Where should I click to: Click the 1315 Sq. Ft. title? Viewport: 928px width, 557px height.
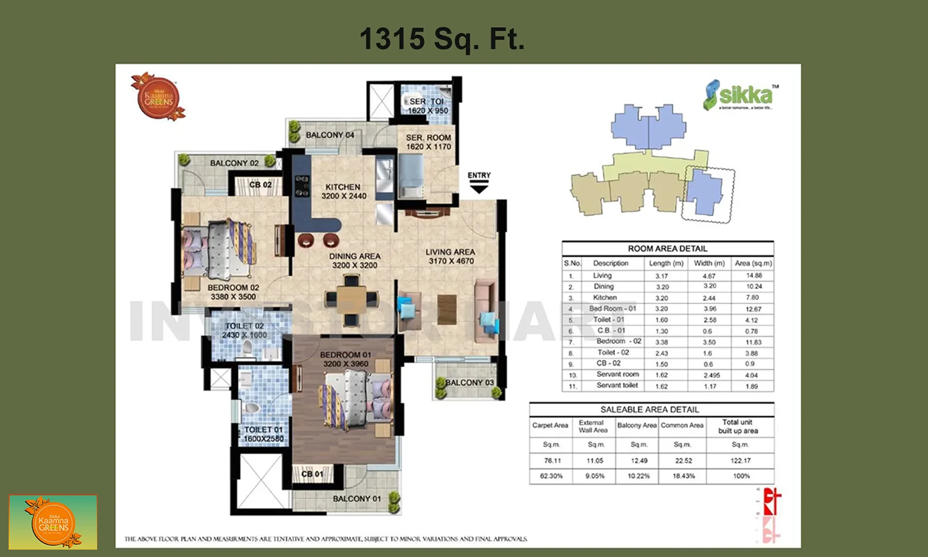point(442,39)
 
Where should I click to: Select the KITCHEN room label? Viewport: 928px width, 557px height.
point(343,191)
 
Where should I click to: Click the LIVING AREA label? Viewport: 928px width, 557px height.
point(450,256)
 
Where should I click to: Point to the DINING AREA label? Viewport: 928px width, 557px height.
point(354,261)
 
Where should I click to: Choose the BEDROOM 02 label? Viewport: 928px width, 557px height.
point(233,292)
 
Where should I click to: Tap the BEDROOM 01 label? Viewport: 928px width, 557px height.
point(345,359)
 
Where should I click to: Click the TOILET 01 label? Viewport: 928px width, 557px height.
point(264,434)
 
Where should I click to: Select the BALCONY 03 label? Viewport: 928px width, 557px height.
point(470,382)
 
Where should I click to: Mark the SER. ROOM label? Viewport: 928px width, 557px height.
point(428,142)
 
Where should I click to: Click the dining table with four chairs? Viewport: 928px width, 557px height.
point(351,300)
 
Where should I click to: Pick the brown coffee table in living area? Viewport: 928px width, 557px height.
point(447,309)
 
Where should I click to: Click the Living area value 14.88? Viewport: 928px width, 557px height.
point(754,275)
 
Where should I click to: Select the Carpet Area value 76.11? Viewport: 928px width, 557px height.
point(552,460)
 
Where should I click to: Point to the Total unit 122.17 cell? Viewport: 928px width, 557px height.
point(741,460)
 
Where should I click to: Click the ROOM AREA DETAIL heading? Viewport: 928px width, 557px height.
point(668,249)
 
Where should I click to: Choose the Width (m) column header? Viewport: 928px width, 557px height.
point(709,263)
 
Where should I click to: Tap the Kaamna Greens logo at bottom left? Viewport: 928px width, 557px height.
point(53,522)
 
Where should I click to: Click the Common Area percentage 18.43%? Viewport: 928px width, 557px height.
point(684,476)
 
